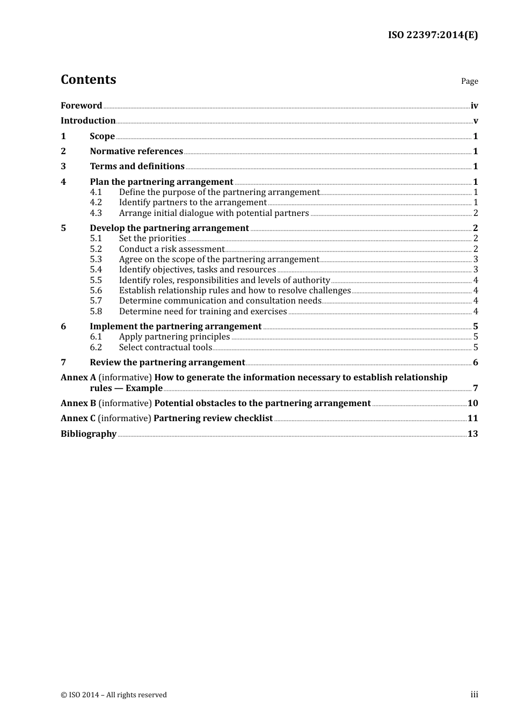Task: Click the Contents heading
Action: [88, 80]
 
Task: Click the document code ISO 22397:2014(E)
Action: [433, 35]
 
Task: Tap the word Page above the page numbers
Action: [469, 81]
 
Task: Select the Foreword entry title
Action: [81, 106]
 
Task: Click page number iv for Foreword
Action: [474, 106]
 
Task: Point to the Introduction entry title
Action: [88, 121]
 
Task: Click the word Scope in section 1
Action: [102, 136]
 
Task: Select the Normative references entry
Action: [136, 151]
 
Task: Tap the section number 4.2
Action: [96, 203]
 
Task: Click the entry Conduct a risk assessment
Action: [172, 249]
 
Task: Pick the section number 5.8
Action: [96, 312]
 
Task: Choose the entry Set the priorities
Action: [152, 239]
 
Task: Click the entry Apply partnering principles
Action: [174, 337]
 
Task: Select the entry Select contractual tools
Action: [165, 348]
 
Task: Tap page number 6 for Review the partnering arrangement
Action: [476, 363]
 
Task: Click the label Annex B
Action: [78, 403]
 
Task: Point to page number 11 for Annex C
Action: [472, 418]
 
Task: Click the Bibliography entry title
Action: [89, 434]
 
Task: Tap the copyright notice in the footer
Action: [114, 695]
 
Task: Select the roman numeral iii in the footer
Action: [474, 695]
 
